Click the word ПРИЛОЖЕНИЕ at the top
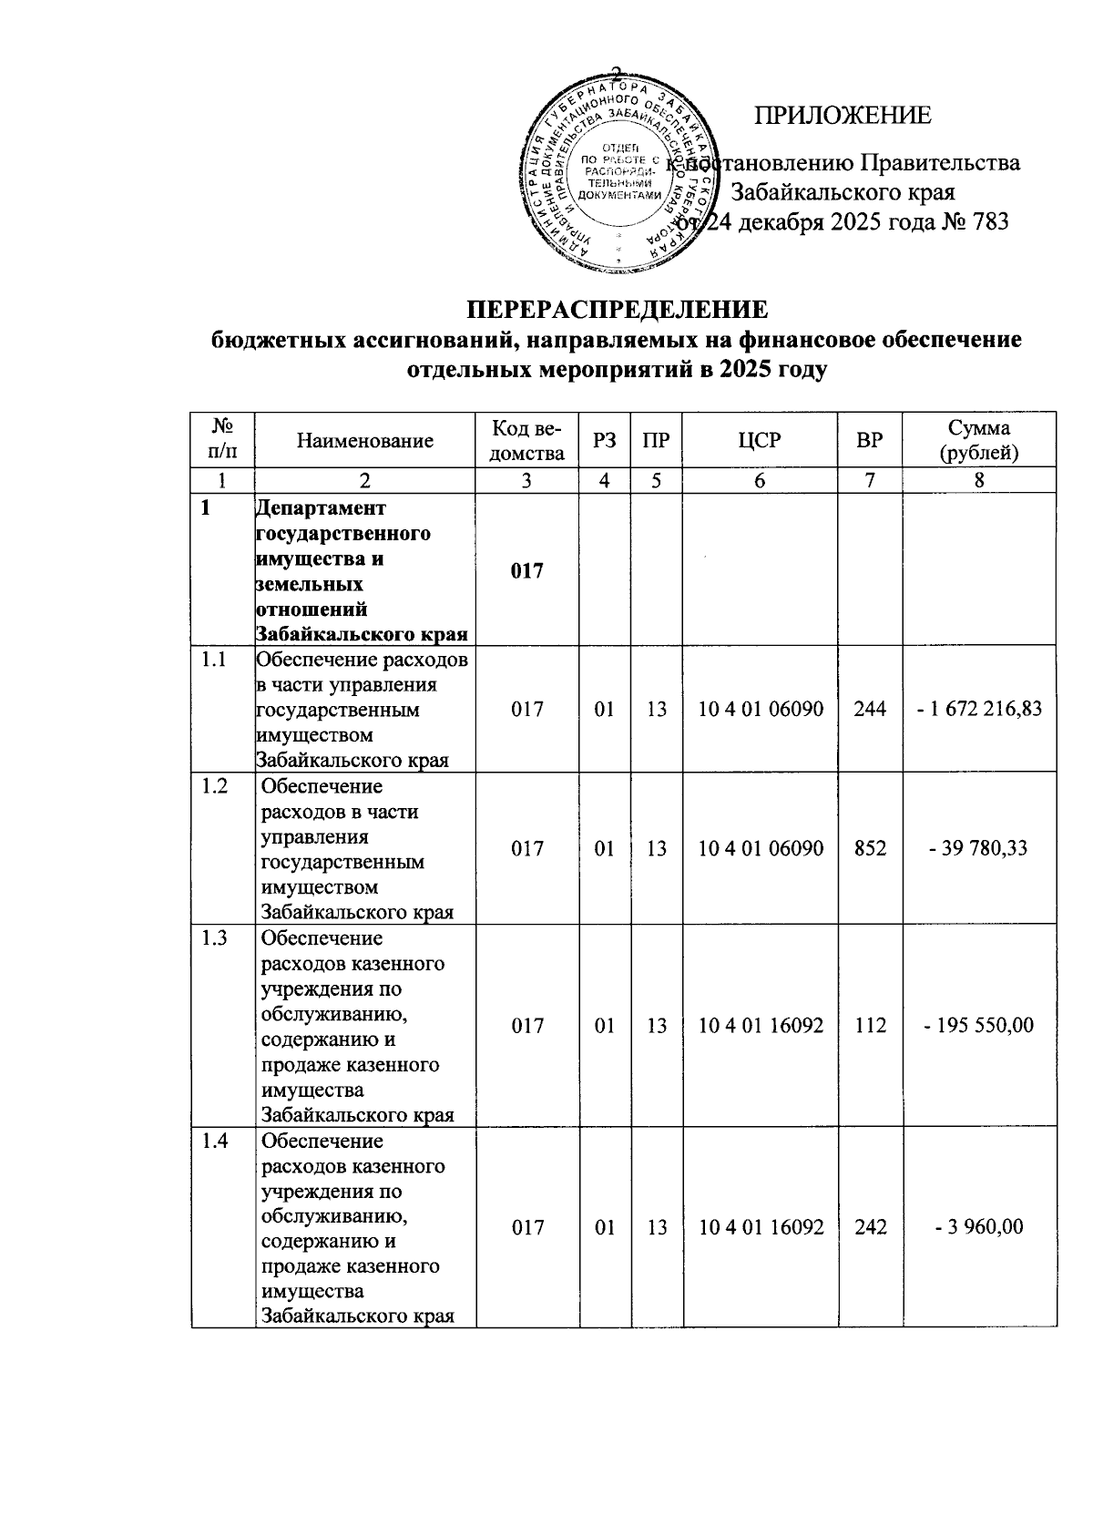point(843,116)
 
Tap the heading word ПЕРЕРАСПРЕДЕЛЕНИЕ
point(618,310)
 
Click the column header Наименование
point(364,441)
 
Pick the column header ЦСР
point(760,441)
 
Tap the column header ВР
point(870,441)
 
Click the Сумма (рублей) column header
point(979,441)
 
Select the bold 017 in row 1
point(526,571)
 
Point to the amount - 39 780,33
point(979,848)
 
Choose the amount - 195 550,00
point(979,1026)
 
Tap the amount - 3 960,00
point(979,1227)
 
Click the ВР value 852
point(870,848)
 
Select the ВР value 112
point(870,1026)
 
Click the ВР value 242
point(870,1227)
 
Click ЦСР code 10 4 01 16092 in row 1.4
point(760,1227)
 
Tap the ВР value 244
point(870,709)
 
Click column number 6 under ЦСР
point(760,481)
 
